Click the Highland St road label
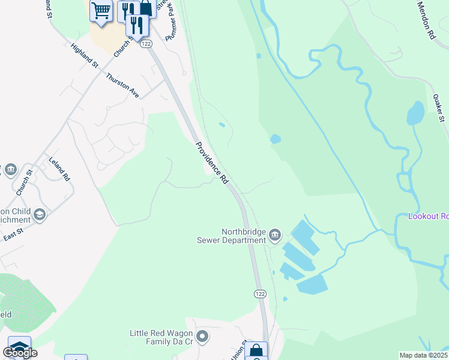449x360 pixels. tap(83, 55)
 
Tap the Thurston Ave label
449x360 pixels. tap(122, 86)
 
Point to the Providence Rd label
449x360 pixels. tap(212, 163)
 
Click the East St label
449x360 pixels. tap(13, 231)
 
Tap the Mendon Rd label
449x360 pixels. tap(426, 20)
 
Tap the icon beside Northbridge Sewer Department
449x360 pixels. tap(275, 234)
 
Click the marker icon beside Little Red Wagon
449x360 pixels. tap(202, 337)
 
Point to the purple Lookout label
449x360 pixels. tap(428, 216)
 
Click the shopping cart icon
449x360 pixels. tap(101, 10)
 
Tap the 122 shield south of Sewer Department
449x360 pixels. tap(259, 293)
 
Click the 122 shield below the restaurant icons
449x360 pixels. tap(146, 44)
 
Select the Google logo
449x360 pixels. tap(19, 353)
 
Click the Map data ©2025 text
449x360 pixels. tap(424, 355)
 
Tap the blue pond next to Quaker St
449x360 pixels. tap(415, 113)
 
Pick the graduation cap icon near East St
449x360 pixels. tap(40, 215)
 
